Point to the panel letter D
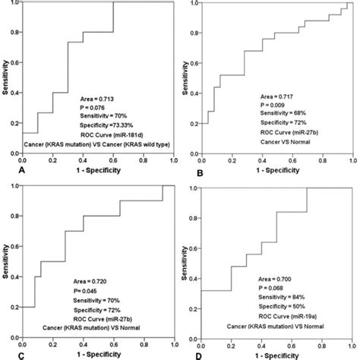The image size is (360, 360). (x=191, y=353)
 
